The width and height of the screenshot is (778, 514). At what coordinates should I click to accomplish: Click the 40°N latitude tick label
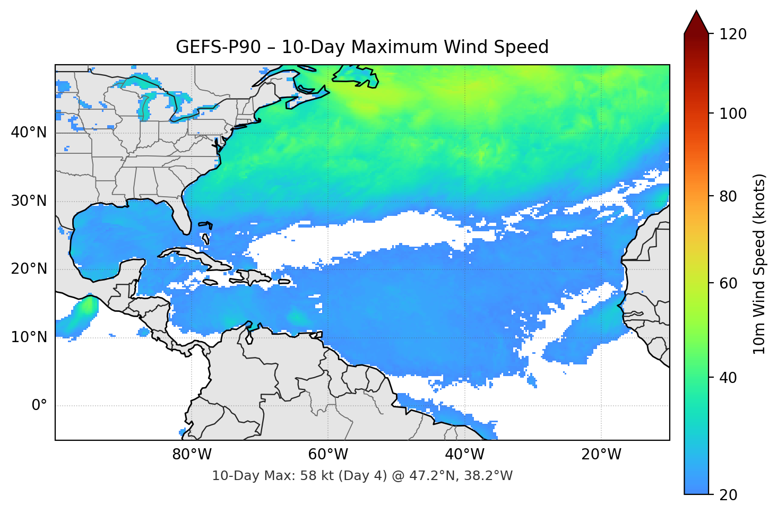click(x=29, y=133)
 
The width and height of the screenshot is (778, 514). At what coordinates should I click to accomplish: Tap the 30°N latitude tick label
click(x=29, y=201)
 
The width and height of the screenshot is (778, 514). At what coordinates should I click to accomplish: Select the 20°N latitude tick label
click(x=29, y=269)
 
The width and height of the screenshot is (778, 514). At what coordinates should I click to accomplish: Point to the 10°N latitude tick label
click(x=29, y=337)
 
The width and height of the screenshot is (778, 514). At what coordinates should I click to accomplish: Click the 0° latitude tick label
click(x=39, y=405)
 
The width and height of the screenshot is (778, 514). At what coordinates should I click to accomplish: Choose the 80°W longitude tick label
click(x=192, y=455)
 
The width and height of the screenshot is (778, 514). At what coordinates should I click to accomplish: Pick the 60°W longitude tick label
click(x=328, y=455)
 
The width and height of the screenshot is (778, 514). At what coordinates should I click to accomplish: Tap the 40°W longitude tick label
click(x=464, y=455)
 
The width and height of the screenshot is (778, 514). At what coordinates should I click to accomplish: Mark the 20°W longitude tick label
click(x=601, y=455)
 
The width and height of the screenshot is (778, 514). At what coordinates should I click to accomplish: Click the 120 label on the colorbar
click(x=733, y=34)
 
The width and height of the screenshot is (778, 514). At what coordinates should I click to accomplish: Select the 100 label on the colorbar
click(x=733, y=114)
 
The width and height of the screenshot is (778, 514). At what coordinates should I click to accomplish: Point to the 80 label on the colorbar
click(x=728, y=196)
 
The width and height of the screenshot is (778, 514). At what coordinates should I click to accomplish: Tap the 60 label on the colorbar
click(x=728, y=283)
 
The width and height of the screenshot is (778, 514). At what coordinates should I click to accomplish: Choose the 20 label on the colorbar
click(x=728, y=495)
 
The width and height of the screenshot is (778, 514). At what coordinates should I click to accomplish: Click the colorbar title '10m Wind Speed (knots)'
click(x=759, y=264)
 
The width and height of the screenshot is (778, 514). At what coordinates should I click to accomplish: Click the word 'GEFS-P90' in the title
click(x=218, y=47)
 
